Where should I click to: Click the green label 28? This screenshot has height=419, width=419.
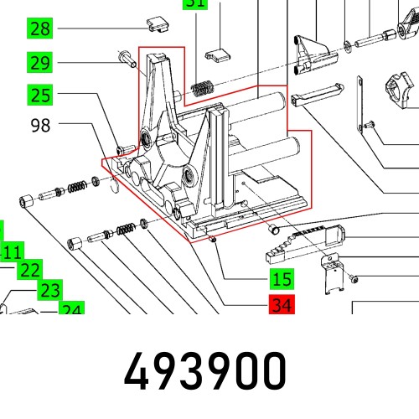39,29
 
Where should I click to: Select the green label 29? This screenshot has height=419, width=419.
39,62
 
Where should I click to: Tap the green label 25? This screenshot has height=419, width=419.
39,95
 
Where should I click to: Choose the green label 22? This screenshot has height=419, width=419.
29,269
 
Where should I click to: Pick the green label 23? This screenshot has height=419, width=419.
49,290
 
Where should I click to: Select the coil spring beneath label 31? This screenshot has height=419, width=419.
202,85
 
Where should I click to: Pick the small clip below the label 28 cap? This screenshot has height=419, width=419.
219,57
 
